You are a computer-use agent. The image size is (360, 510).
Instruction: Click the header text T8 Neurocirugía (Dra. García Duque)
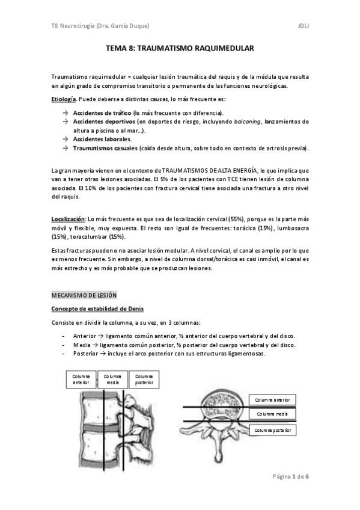pos(100,26)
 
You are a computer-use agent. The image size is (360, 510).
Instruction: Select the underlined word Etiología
pos(63,99)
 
